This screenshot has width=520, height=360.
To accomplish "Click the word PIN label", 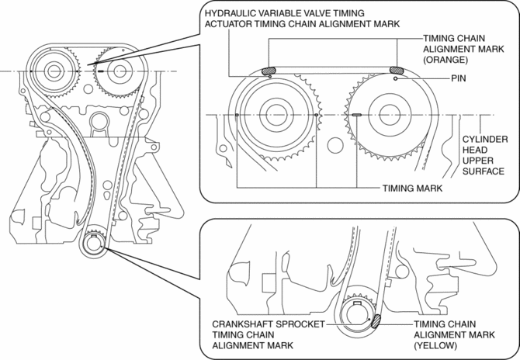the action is (x=459, y=78).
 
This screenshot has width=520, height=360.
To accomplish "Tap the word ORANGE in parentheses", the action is (x=445, y=60).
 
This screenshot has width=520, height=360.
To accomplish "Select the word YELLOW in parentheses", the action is (x=435, y=345).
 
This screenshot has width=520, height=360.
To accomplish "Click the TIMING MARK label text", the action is (x=412, y=189).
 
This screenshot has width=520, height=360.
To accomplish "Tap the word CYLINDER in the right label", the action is (x=485, y=139).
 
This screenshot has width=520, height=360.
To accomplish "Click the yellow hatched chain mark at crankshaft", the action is (x=376, y=321).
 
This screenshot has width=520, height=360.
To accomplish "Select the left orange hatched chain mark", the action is (x=269, y=71).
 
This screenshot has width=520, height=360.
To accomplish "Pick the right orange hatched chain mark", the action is (x=397, y=70).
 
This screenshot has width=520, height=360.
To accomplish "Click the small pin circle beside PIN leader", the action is (x=395, y=78).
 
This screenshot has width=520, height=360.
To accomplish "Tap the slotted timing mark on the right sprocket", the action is (x=356, y=115).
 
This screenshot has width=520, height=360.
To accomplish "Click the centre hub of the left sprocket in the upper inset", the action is (x=276, y=115).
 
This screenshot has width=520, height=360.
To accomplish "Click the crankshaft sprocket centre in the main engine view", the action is (x=93, y=245).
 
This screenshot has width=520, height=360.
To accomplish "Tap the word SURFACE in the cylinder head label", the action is (x=484, y=171).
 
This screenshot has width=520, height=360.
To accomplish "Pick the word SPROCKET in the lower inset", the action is (x=300, y=324).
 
